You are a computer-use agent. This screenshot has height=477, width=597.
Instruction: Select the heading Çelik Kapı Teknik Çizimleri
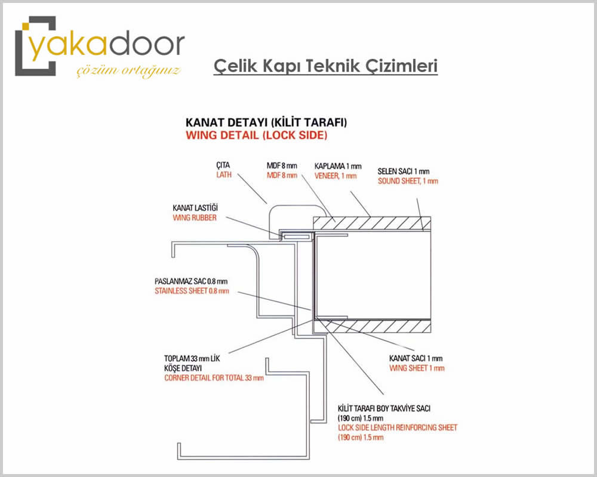(325, 66)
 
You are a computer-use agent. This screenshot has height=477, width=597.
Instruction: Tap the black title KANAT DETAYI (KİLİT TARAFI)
(266, 122)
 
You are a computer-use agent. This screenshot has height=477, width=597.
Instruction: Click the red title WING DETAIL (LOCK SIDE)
(256, 135)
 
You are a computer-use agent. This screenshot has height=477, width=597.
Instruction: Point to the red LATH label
(224, 175)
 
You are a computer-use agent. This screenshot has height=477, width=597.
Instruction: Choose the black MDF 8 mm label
(282, 166)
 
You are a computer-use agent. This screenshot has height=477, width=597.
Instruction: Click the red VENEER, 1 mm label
(336, 176)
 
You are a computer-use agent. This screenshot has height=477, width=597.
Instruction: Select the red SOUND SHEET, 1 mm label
(408, 181)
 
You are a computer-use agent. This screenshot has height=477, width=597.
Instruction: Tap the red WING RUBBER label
(195, 218)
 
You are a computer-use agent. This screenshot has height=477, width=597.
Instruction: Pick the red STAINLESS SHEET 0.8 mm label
(192, 291)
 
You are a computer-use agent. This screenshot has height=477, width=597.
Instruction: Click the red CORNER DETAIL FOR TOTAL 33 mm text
(214, 378)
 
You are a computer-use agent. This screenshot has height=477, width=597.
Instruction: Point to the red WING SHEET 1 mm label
(417, 368)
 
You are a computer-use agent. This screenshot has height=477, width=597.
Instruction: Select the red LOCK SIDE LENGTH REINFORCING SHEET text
(398, 428)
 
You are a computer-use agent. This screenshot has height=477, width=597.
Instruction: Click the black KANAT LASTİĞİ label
(195, 207)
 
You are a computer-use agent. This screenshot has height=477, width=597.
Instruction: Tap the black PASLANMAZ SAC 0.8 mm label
(191, 281)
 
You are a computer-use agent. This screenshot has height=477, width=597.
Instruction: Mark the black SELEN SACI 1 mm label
(404, 172)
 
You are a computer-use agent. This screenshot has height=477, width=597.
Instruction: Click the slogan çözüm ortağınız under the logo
(128, 71)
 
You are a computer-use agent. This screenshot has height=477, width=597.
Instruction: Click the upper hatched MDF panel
(372, 223)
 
